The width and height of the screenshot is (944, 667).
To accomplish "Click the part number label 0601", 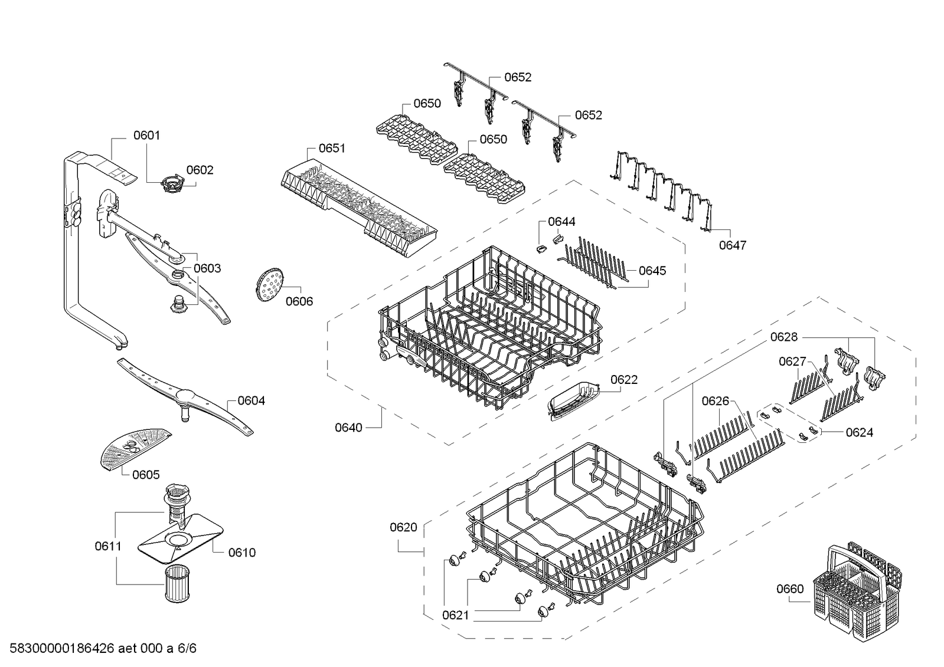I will coord(146,135).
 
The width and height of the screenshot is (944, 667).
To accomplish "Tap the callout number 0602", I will coord(200,170).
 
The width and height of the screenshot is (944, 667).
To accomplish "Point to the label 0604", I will coord(251,400).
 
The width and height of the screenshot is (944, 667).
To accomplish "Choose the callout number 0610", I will coord(242,552).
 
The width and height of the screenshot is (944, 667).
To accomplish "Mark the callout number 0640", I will coord(348,427).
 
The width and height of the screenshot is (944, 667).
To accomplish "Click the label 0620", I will coord(403,527).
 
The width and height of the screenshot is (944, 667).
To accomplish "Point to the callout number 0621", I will coord(455,615).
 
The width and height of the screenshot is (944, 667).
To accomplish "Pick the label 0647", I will coord(732,245).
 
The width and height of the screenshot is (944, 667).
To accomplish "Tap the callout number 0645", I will coord(652,270).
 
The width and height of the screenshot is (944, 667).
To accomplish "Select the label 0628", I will coord(783,337).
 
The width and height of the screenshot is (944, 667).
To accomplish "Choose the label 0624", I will coord(859,432).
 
